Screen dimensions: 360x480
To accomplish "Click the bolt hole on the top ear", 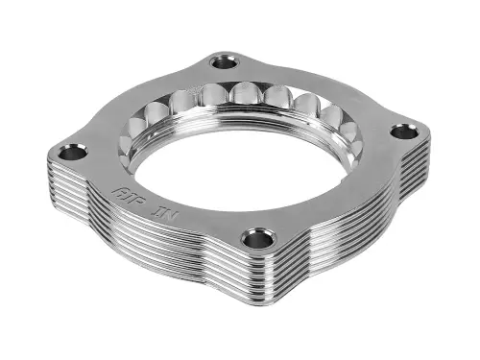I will pos(225,62).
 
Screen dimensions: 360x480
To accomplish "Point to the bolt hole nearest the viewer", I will pos(258,236).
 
